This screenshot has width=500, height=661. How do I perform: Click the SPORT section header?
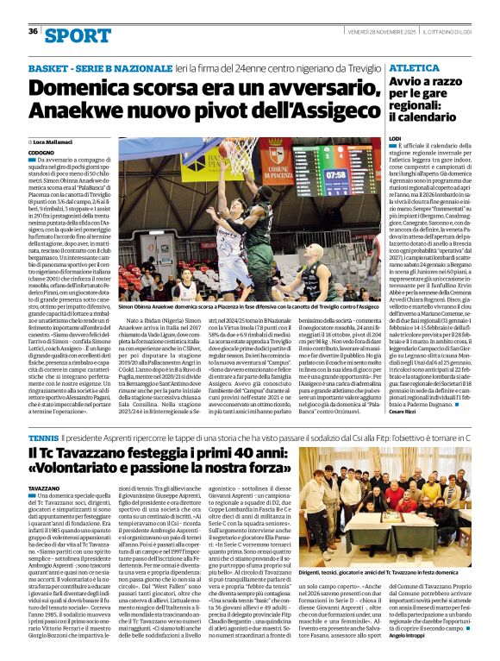[x=78, y=35]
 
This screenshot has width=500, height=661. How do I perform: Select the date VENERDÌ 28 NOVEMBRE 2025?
[x=379, y=32]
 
